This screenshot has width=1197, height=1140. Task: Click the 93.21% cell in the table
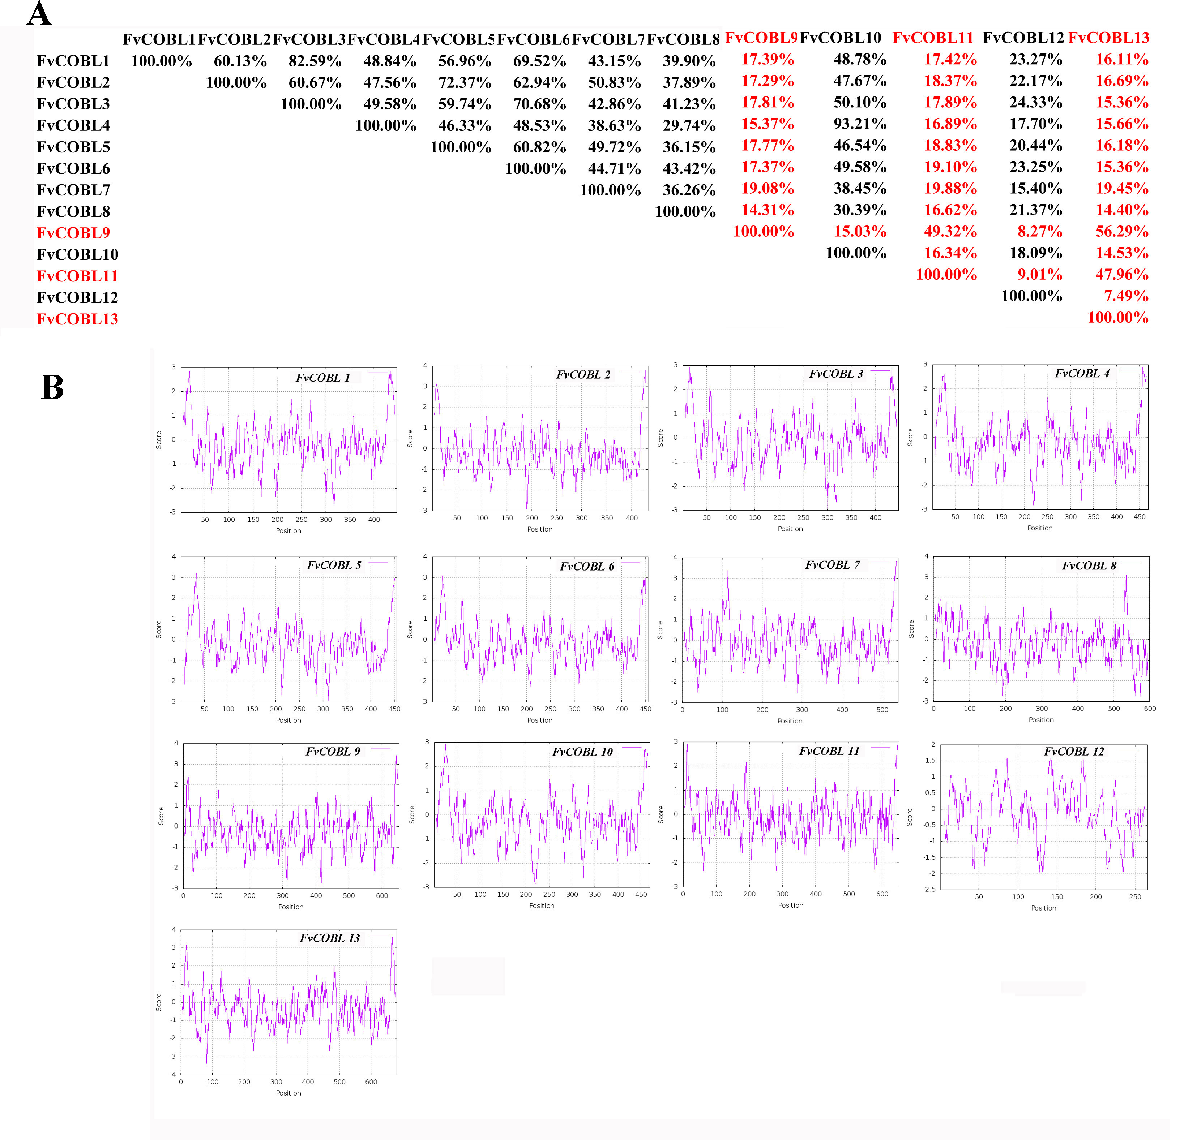(860, 124)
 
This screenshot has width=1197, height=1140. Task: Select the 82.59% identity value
(315, 61)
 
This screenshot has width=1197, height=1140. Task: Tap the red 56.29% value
(1121, 232)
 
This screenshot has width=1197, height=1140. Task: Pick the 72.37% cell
(465, 83)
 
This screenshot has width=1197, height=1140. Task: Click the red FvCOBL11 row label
(77, 276)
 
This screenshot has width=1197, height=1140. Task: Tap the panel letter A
(39, 13)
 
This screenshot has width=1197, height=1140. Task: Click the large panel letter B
(52, 387)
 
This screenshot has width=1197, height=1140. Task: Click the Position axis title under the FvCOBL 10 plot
(542, 905)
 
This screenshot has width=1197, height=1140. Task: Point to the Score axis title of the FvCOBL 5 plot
(159, 629)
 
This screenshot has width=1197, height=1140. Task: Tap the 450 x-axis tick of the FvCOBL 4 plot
(1139, 517)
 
